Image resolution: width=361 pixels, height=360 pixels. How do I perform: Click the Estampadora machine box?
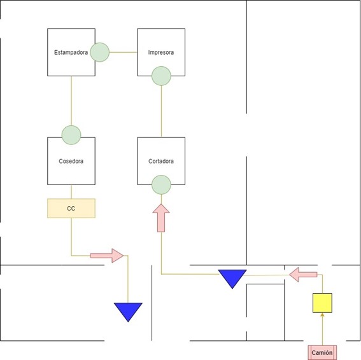click(x=71, y=52)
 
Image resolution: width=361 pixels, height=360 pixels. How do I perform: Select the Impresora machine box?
click(x=161, y=52)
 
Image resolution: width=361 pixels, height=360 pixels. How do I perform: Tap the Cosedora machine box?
click(x=71, y=161)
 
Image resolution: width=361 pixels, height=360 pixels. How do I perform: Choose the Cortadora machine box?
click(x=161, y=161)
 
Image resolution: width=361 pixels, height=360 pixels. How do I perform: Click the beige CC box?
click(x=71, y=208)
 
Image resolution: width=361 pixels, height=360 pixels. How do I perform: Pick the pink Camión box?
click(x=322, y=352)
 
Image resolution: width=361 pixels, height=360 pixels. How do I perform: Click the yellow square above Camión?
click(x=322, y=303)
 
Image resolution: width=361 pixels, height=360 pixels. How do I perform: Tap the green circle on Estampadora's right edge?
click(x=100, y=52)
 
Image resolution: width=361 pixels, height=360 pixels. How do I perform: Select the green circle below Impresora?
click(x=161, y=76)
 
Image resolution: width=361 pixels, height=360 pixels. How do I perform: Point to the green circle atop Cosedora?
click(x=71, y=135)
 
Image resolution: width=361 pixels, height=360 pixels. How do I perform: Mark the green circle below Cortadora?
click(x=161, y=184)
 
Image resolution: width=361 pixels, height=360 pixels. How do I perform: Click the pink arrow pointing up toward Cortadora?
click(x=161, y=218)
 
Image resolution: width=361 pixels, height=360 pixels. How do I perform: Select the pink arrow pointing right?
click(x=107, y=256)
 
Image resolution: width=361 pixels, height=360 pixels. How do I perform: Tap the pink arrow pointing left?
click(x=303, y=274)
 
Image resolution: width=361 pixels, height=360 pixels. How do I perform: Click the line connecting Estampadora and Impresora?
click(x=124, y=52)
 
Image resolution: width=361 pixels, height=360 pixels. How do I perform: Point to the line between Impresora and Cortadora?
click(x=161, y=111)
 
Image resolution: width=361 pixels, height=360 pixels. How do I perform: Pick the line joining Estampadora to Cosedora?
click(x=71, y=100)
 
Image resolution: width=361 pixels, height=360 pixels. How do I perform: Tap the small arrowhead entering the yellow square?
click(x=322, y=314)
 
